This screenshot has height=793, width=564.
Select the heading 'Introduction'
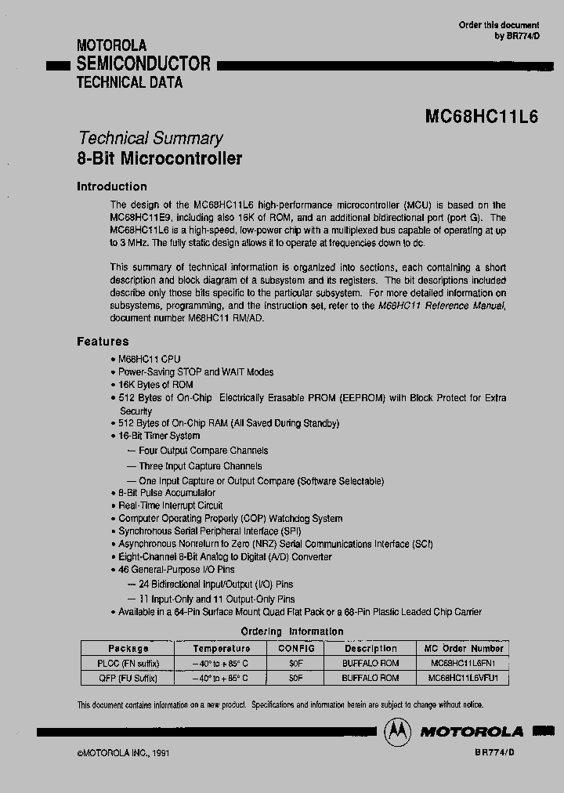tap(111, 186)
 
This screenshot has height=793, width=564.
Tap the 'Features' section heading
tap(103, 342)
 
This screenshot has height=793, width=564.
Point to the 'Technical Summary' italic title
tap(150, 138)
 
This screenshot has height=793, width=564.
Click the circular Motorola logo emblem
tap(397, 731)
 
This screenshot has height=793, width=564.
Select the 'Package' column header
tap(128, 649)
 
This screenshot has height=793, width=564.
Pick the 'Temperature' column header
tap(222, 649)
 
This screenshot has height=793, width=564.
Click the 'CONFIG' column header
tap(295, 649)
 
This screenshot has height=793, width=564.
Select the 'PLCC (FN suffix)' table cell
tap(128, 664)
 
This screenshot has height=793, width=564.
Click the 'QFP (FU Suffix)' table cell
tap(128, 678)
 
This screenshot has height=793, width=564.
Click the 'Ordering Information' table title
tap(291, 632)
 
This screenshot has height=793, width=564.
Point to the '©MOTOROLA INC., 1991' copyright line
tap(123, 752)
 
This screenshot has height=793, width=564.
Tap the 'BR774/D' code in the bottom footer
tap(495, 751)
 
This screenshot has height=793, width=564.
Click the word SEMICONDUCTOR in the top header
tap(143, 64)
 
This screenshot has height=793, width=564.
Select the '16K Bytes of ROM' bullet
tap(155, 385)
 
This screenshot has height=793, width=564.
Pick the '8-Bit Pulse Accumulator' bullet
tap(166, 493)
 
